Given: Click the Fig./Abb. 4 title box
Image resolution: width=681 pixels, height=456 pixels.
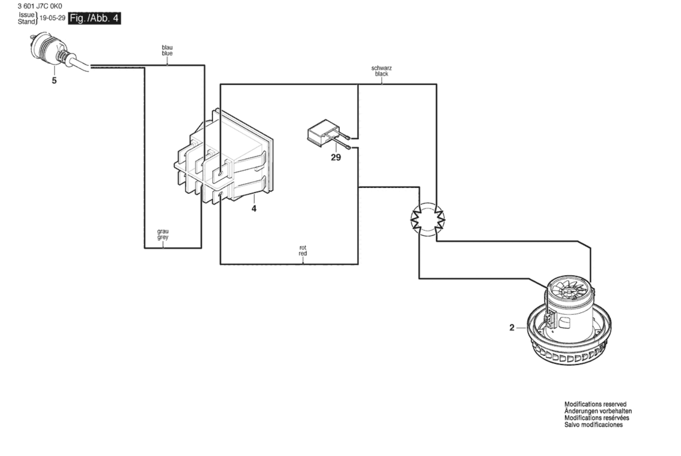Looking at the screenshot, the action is point(95,18).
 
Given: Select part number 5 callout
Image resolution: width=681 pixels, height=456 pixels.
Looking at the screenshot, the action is point(54,80).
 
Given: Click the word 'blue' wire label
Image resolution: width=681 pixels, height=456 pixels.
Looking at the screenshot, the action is point(167,53).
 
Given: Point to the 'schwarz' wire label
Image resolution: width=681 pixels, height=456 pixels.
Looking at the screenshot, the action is point(381,68).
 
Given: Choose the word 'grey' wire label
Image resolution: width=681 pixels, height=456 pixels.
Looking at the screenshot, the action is point(163,237).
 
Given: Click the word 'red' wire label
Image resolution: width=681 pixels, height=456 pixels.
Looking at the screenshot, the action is point(303,253).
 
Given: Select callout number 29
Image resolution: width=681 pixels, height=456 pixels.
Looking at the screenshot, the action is point(336,158).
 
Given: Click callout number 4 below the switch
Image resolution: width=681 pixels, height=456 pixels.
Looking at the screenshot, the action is point(254,209).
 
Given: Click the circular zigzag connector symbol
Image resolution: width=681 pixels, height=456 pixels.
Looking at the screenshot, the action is point(428,220).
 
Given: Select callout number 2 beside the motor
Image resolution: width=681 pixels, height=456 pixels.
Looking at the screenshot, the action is point(512,328).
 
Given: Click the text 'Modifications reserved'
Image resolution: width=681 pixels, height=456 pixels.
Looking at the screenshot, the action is point(595,404).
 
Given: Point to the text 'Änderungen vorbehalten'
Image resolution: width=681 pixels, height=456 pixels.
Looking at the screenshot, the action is point(598,411).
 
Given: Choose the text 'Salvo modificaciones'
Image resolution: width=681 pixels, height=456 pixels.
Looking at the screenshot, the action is point(594,425).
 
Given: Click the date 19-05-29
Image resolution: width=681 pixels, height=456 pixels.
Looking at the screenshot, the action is point(52,18).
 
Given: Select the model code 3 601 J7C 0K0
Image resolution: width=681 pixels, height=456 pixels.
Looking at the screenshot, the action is point(40,6).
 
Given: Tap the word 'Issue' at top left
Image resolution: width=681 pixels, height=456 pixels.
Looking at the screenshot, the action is point(26,15).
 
